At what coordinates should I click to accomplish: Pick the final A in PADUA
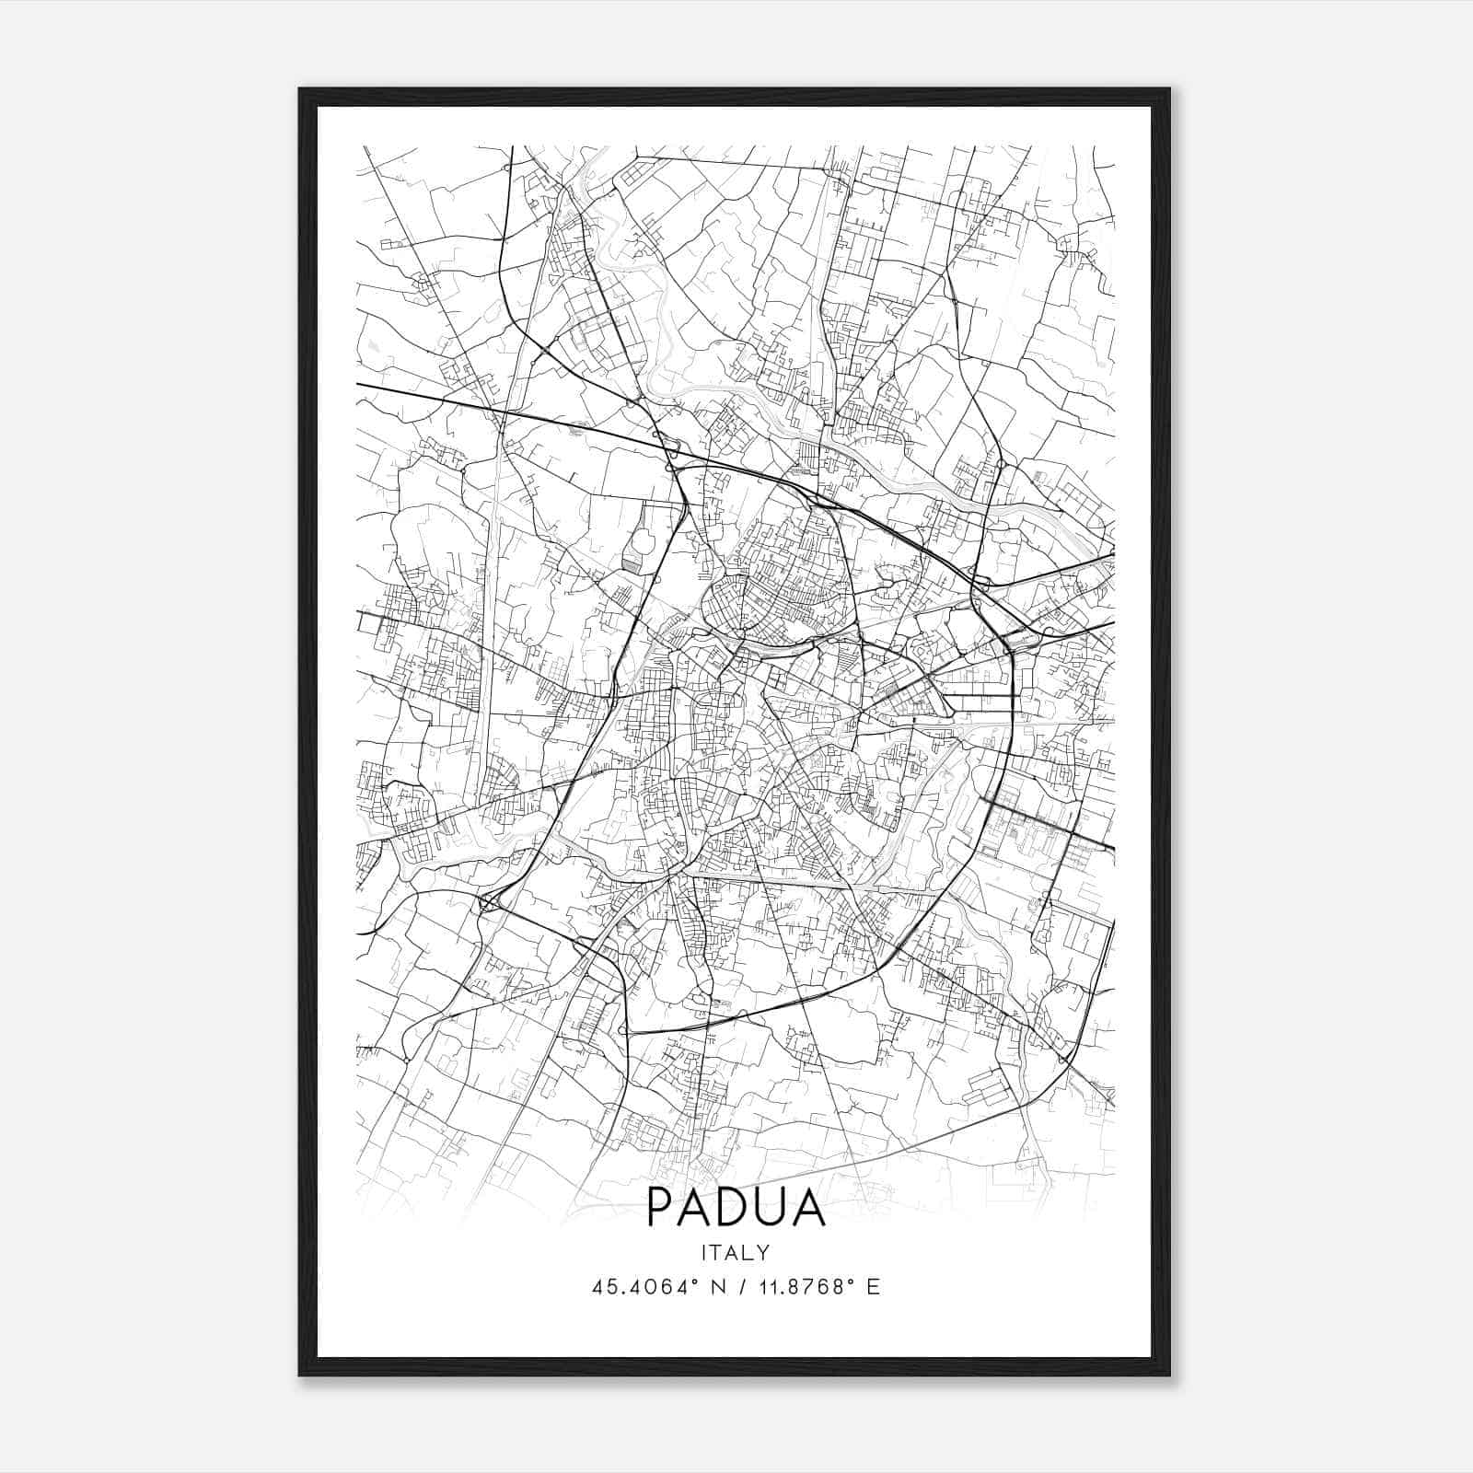pyautogui.click(x=809, y=1207)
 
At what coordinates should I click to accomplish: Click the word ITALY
pyautogui.click(x=736, y=1253)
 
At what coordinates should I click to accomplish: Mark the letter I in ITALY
pyautogui.click(x=704, y=1253)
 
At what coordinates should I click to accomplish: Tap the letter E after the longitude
pyautogui.click(x=874, y=1286)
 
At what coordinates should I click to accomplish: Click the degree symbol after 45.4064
pyautogui.click(x=694, y=1281)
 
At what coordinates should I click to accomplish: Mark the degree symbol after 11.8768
pyautogui.click(x=852, y=1281)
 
